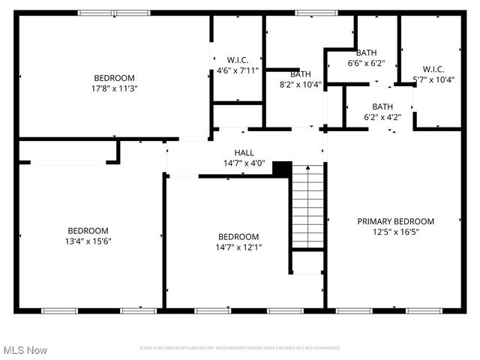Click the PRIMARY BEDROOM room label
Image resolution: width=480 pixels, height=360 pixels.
(x=395, y=221)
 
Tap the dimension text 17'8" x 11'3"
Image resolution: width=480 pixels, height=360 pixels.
(x=114, y=88)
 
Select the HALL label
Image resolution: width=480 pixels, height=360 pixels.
(x=244, y=152)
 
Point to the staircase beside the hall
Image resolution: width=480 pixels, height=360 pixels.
(x=307, y=207)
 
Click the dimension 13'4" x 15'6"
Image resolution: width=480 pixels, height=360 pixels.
(x=88, y=241)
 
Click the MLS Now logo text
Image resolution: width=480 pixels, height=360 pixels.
(x=25, y=350)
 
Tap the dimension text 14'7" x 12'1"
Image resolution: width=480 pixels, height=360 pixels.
(x=238, y=247)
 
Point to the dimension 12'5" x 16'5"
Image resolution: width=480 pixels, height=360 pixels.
(x=395, y=232)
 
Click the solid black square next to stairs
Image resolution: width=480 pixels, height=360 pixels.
(x=282, y=169)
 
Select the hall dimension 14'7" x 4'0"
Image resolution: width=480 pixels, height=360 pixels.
(x=244, y=163)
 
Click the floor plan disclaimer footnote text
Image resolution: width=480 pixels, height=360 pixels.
(x=240, y=348)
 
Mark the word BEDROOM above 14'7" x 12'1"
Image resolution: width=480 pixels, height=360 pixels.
(x=238, y=236)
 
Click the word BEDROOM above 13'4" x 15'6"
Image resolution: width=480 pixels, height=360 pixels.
(x=88, y=231)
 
